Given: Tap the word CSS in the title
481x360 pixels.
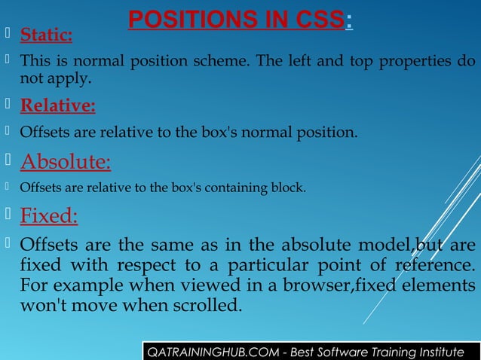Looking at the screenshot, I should (315, 19).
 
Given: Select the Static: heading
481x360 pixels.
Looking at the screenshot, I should (46, 35).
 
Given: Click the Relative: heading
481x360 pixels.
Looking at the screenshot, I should (57, 105).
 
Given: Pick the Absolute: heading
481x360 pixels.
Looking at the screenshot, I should (65, 162).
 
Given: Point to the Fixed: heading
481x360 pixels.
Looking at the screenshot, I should (48, 217).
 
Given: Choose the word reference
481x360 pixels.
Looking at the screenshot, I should (437, 266).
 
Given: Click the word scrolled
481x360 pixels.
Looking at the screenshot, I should (204, 307).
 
